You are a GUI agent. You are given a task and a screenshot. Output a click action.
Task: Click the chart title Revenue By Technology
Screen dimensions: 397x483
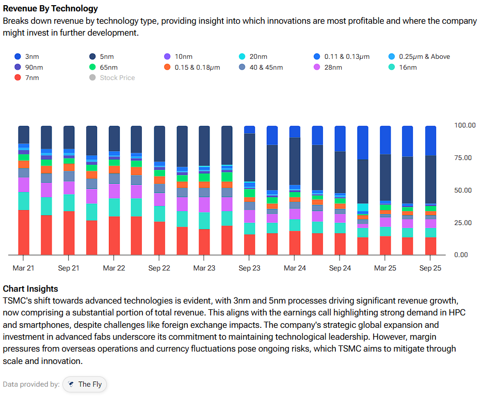50,9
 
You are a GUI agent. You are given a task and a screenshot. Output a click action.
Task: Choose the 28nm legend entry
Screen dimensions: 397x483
333,68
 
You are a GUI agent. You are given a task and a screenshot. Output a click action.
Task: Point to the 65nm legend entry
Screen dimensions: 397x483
109,68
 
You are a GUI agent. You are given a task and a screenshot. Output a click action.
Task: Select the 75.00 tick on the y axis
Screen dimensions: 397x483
464,158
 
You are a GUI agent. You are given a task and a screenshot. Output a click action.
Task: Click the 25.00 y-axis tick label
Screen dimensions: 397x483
464,223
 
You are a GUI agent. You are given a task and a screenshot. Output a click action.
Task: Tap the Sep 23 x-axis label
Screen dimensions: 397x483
249,268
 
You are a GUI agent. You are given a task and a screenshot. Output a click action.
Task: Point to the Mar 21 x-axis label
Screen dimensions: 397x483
24,268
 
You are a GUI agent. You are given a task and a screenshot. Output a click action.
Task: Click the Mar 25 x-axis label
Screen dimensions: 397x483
385,268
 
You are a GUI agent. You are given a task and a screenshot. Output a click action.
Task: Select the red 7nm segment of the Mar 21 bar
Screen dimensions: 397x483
24,232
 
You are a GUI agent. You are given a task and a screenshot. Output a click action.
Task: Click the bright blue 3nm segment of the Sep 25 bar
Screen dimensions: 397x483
430,140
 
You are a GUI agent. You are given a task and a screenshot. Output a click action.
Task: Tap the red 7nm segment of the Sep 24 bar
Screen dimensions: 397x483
340,244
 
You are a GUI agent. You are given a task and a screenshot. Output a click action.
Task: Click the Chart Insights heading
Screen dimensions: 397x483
30,289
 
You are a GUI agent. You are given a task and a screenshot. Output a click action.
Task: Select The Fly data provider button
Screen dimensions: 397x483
85,384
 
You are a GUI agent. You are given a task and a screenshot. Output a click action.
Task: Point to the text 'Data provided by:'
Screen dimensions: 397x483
31,384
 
